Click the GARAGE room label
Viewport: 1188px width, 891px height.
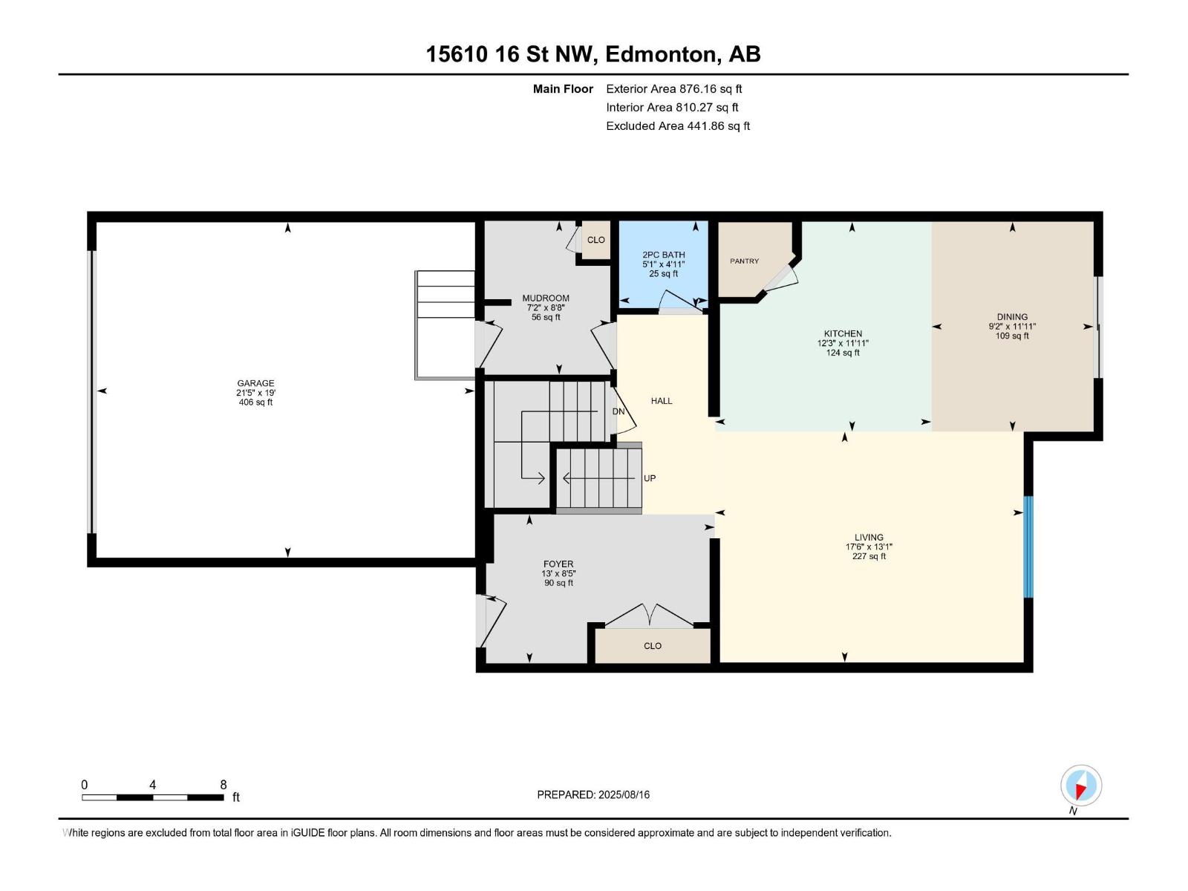[255, 383]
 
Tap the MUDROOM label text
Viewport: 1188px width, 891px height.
[546, 298]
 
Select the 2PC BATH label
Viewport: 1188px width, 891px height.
[664, 255]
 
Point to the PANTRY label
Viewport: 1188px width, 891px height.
[744, 261]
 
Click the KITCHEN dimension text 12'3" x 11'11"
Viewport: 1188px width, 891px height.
[843, 343]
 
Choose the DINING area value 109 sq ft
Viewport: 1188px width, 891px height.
[1012, 336]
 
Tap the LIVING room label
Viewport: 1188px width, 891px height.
[869, 537]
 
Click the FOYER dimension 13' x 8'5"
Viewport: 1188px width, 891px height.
[558, 573]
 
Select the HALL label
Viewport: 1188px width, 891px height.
[662, 401]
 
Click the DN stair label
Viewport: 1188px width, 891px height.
[619, 411]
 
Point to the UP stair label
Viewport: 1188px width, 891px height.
[650, 478]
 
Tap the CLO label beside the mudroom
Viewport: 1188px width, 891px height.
[596, 240]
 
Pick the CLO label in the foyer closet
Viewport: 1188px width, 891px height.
[653, 646]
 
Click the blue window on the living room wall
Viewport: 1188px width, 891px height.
[1028, 547]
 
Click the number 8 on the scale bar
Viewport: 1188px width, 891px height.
[223, 784]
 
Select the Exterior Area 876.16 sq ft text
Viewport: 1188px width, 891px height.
[674, 89]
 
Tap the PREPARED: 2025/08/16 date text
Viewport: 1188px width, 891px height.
[593, 794]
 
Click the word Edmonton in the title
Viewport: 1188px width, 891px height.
[663, 55]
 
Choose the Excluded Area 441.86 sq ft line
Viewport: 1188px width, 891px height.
[678, 126]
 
